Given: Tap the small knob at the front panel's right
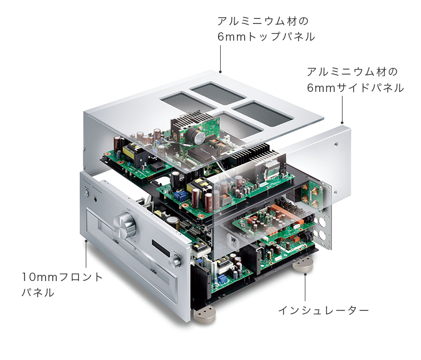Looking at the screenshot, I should coord(176,260).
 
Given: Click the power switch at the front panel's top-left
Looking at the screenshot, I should coord(88,193).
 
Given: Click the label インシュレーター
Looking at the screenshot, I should coord(323,310).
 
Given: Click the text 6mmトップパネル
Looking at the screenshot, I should coord(266,37).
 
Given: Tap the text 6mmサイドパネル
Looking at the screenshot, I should coord(355,88).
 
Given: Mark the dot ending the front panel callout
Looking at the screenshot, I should coord(86,241).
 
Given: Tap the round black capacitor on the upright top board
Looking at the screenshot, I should coord(196,137).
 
